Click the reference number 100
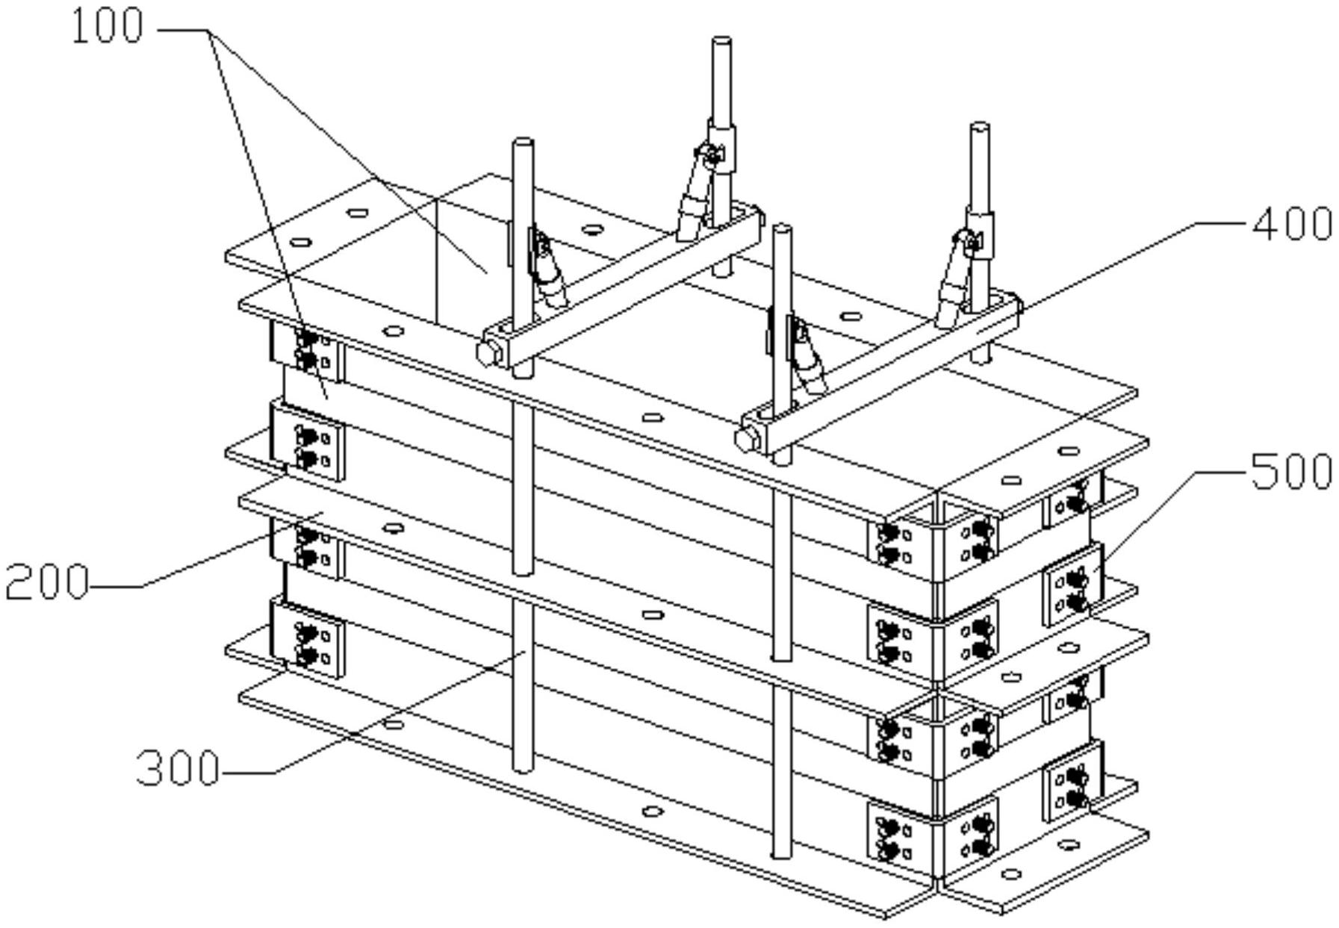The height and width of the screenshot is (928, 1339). click(107, 28)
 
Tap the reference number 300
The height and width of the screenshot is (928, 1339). click(178, 767)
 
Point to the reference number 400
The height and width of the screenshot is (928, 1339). click(1292, 222)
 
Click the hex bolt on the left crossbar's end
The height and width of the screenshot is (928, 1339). click(487, 352)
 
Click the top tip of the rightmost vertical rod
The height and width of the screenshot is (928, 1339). click(981, 126)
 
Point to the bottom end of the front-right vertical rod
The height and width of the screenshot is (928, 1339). click(781, 854)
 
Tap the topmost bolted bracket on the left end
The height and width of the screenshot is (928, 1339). click(307, 349)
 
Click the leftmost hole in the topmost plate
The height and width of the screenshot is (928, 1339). click(300, 242)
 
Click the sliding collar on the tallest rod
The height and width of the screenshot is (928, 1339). click(722, 146)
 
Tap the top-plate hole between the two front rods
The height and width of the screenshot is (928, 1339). click(653, 417)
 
